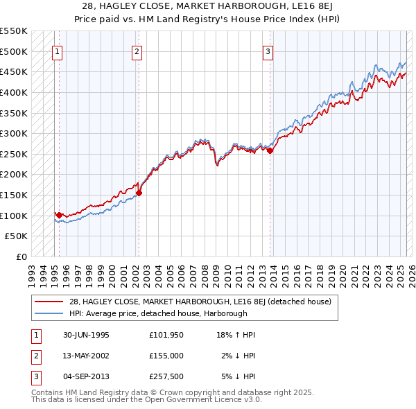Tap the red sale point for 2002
pos(139,193)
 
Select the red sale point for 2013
pos(270,151)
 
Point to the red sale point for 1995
pos(60,215)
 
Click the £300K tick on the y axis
pos(14,133)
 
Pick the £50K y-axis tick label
pos(17,236)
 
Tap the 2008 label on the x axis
pos(205,272)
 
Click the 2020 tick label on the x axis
pos(343,272)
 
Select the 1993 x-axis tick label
pos(32,272)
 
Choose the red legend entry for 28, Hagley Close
pos(200,302)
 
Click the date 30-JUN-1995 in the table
pos(86,335)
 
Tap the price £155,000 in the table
pos(166,356)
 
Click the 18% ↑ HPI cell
pos(236,335)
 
